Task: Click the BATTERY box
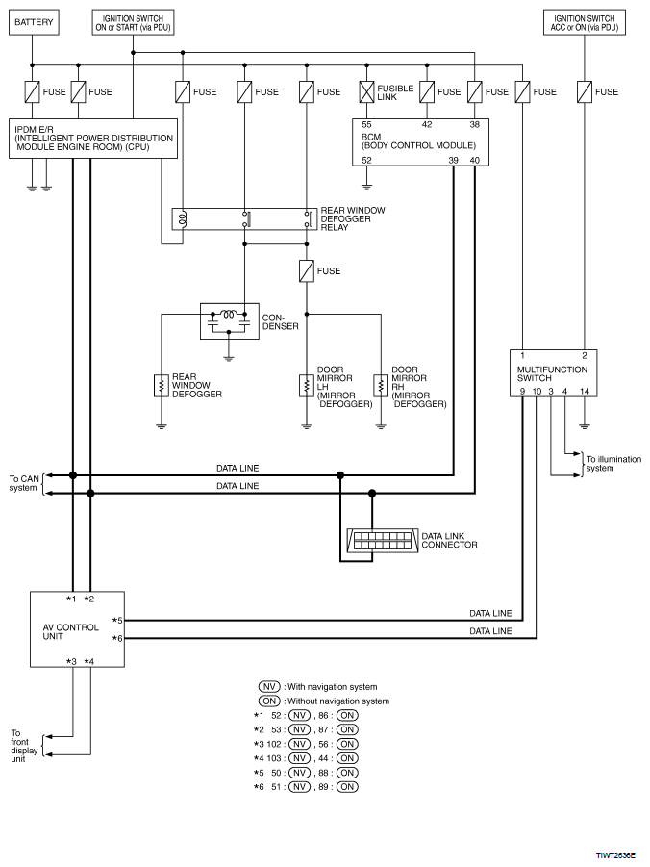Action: [34, 23]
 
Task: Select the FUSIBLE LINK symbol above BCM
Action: [366, 91]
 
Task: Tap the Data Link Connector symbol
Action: [380, 541]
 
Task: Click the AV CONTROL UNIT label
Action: [71, 631]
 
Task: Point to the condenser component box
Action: [230, 320]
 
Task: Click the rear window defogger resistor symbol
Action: [161, 386]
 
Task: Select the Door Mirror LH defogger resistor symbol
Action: [306, 386]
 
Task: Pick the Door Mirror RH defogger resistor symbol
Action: [380, 386]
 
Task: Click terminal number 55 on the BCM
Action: [366, 124]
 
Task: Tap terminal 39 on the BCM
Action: [453, 161]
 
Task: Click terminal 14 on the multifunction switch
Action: [585, 391]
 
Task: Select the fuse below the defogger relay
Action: [306, 271]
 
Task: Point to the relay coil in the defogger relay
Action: [182, 219]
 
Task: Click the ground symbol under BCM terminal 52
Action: [366, 187]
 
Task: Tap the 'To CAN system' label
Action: [23, 483]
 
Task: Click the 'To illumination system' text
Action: [613, 464]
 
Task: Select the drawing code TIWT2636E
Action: [615, 855]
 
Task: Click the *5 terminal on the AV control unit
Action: [117, 621]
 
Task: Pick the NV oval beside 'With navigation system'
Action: [269, 687]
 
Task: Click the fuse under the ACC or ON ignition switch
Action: [585, 91]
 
